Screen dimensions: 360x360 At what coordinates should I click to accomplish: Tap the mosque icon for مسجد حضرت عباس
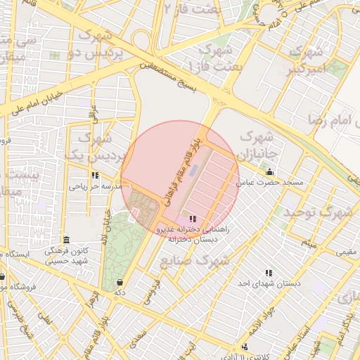269,172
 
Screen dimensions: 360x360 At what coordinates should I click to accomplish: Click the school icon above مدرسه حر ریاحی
95,176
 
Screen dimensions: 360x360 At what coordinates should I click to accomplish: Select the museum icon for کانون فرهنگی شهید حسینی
66,240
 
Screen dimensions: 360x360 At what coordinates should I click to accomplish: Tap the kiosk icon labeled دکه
120,282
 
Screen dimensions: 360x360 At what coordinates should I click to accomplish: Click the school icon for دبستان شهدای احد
268,273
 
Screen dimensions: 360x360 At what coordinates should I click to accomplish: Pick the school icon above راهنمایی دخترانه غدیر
193,219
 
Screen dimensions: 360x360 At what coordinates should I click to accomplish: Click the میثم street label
309,243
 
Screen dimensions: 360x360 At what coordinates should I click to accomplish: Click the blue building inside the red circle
195,170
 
